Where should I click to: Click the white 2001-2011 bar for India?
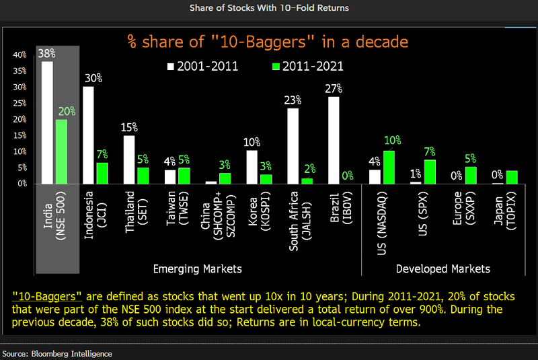[x=47, y=122]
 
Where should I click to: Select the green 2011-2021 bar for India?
[x=62, y=151]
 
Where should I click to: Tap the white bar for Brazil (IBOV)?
[x=334, y=140]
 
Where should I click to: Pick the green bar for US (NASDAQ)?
[x=389, y=167]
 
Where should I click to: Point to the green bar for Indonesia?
[x=102, y=173]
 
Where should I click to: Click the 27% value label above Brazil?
[x=334, y=88]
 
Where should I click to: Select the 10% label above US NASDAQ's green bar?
[x=393, y=141]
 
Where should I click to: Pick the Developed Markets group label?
[x=443, y=268]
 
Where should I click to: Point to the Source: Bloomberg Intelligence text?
[x=57, y=353]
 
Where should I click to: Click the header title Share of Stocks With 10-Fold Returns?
[x=269, y=7]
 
